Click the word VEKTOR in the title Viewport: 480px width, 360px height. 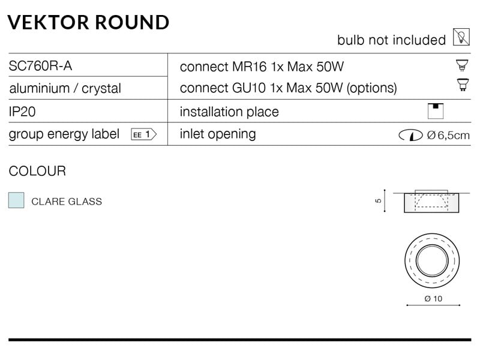click(x=49, y=22)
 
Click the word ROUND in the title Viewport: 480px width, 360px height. click(x=132, y=22)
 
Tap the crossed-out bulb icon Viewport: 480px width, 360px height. click(x=461, y=37)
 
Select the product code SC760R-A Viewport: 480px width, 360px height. click(x=40, y=66)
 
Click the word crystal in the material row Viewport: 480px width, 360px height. click(x=101, y=88)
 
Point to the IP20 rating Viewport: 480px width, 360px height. click(x=22, y=112)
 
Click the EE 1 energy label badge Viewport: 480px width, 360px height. click(x=144, y=134)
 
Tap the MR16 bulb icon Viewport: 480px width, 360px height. click(x=462, y=65)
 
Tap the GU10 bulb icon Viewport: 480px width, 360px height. click(x=463, y=85)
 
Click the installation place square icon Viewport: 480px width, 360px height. click(x=436, y=111)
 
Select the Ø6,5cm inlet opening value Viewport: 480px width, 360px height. click(x=448, y=135)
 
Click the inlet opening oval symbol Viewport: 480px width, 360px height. click(x=410, y=135)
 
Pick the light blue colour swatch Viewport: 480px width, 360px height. click(x=16, y=200)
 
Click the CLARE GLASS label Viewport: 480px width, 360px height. click(x=67, y=202)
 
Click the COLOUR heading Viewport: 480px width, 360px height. click(x=37, y=171)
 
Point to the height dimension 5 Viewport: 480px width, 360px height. click(x=379, y=201)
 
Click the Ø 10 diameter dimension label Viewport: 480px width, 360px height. click(x=433, y=298)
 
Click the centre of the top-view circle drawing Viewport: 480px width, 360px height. click(x=432, y=261)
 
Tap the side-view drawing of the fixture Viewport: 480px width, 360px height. click(x=431, y=202)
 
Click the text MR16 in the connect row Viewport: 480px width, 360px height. click(x=250, y=67)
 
